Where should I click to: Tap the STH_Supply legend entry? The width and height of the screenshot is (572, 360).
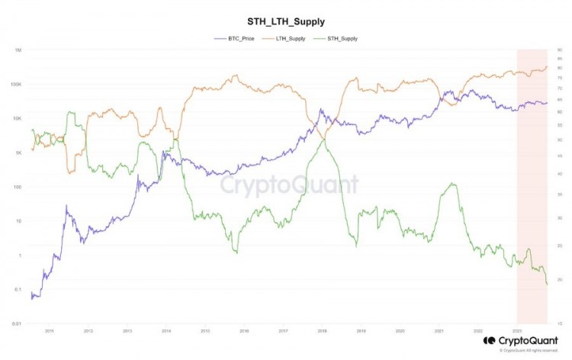tap(339, 37)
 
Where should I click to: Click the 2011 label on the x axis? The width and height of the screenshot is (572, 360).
tap(49, 332)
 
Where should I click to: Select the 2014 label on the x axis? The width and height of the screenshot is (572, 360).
tap(166, 332)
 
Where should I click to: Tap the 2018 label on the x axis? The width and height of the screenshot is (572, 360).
tap(322, 332)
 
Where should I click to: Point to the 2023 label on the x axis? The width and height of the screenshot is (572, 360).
tap(517, 332)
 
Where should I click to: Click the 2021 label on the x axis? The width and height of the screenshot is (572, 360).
tap(439, 332)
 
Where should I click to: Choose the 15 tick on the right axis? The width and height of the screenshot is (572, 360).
tap(560, 323)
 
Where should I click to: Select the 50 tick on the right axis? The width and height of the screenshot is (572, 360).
tap(560, 140)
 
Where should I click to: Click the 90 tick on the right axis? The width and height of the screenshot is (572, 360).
tap(560, 50)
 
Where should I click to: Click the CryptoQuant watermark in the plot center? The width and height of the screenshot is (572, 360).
tap(289, 185)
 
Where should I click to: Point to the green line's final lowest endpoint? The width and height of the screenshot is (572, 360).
tap(547, 284)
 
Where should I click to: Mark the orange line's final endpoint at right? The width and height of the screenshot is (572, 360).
tap(547, 66)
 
